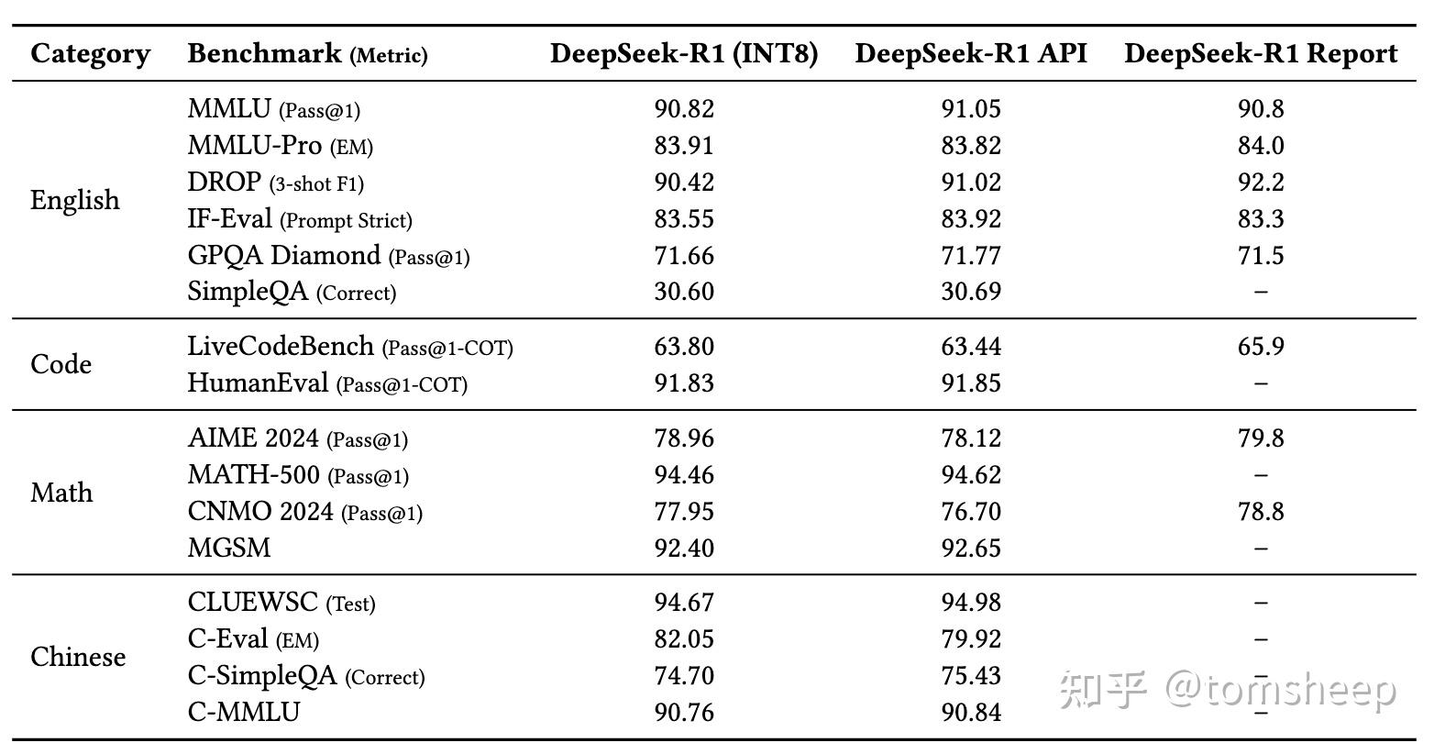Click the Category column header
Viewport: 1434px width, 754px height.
[x=90, y=53]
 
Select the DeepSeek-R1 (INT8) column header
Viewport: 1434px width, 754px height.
[x=684, y=53]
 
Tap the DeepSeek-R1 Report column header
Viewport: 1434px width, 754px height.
[x=1261, y=53]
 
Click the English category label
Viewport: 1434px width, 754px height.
[x=75, y=200]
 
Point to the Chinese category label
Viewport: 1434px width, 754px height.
[x=78, y=657]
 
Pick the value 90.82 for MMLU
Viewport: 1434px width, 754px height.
[x=684, y=109]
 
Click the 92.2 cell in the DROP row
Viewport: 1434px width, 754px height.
[x=1261, y=183]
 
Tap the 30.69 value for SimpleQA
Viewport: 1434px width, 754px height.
[x=971, y=292]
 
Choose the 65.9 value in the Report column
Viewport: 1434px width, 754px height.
[x=1261, y=347]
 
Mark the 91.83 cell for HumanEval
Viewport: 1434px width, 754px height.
[x=684, y=383]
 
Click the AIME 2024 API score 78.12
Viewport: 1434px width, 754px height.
[x=971, y=438]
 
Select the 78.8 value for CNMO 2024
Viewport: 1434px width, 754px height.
[x=1261, y=512]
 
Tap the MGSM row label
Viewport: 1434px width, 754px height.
[x=229, y=549]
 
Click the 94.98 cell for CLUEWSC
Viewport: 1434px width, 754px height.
[x=971, y=603]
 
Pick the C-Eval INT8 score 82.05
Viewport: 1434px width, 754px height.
[x=684, y=639]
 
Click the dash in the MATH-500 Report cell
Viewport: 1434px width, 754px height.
[x=1261, y=475]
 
